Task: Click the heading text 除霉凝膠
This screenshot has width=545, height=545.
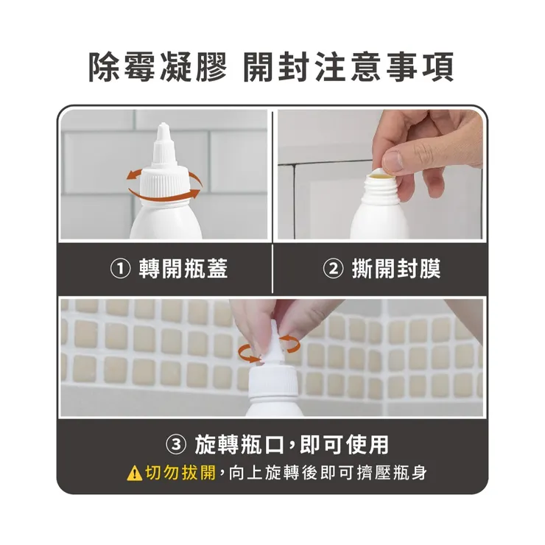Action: [x=158, y=68]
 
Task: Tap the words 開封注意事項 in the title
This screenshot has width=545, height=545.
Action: [x=349, y=68]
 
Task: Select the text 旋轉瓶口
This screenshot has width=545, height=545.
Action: [x=238, y=445]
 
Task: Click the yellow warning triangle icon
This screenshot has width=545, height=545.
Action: [x=134, y=473]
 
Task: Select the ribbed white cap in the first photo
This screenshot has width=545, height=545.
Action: [x=163, y=185]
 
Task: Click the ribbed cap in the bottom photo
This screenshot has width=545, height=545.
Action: [x=273, y=383]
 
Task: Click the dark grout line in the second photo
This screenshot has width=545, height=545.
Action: [x=294, y=199]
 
